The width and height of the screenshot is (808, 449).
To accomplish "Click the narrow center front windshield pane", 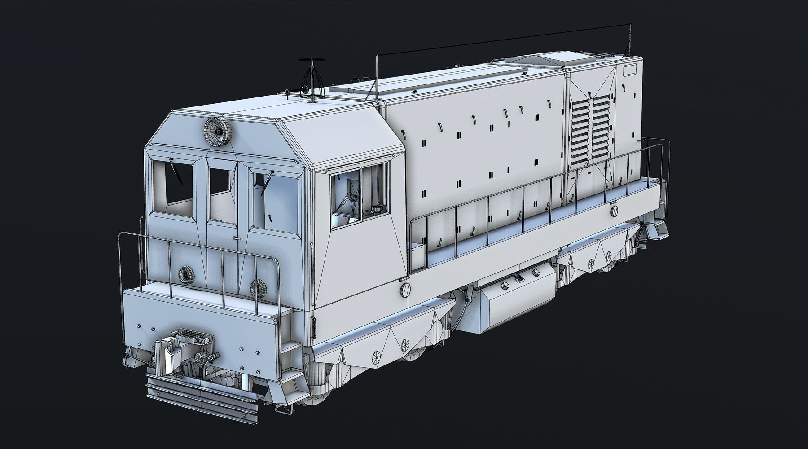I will click(221, 189).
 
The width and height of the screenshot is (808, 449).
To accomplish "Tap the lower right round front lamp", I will click(258, 286).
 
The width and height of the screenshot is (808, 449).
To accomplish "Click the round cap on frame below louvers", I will click(614, 210).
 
